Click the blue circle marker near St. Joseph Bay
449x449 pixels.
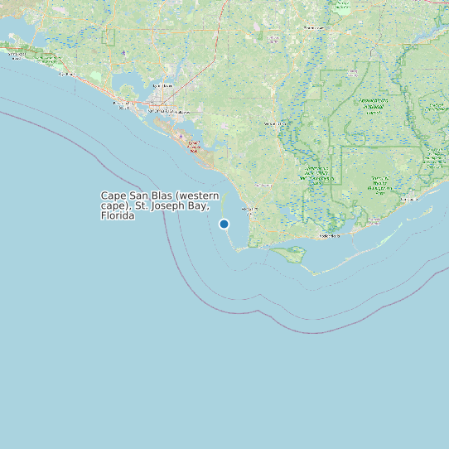[x=224, y=224]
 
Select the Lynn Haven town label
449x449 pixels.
[x=164, y=85]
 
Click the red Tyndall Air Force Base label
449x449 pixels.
[x=194, y=147]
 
